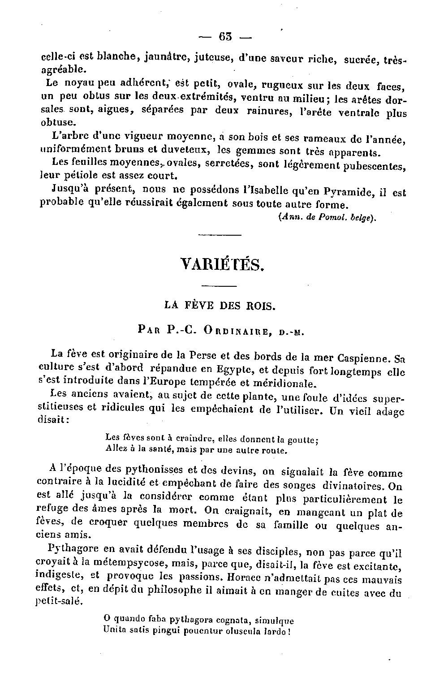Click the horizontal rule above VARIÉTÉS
(220, 235)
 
